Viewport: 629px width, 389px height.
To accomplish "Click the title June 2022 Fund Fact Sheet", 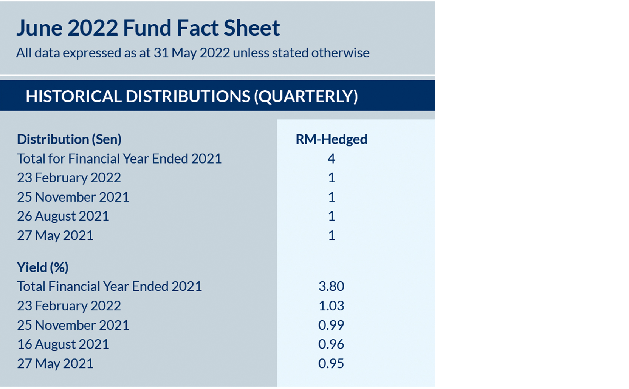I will click(148, 28).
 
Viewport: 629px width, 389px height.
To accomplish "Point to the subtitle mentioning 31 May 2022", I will click(192, 53).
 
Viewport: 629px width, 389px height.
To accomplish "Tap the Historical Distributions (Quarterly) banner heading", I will click(191, 96).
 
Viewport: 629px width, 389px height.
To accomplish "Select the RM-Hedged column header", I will click(331, 139).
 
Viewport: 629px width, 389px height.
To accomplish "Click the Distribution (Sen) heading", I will click(69, 139).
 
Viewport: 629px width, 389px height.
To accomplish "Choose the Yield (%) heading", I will click(43, 267).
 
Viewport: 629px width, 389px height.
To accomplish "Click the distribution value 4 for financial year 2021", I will click(331, 159).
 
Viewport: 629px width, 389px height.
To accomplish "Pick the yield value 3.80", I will click(331, 287).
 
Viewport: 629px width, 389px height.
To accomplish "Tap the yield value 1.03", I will click(331, 306).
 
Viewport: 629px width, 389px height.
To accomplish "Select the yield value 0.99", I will click(331, 325).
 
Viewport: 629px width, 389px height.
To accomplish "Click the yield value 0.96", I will click(331, 344).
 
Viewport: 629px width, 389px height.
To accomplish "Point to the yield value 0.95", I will click(331, 364).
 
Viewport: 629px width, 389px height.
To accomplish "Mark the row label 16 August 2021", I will click(63, 344).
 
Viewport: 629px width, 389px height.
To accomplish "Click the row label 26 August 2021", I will click(63, 216).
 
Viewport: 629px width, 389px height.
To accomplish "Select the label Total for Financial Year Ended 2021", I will click(119, 159).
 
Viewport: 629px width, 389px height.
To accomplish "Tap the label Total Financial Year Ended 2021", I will click(109, 287).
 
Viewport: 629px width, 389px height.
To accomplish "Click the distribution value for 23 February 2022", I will click(331, 178).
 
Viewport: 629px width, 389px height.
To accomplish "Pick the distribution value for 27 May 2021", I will click(331, 236).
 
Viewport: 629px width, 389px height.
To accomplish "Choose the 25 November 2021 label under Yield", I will click(73, 325).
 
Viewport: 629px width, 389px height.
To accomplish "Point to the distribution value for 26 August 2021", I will click(331, 216).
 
